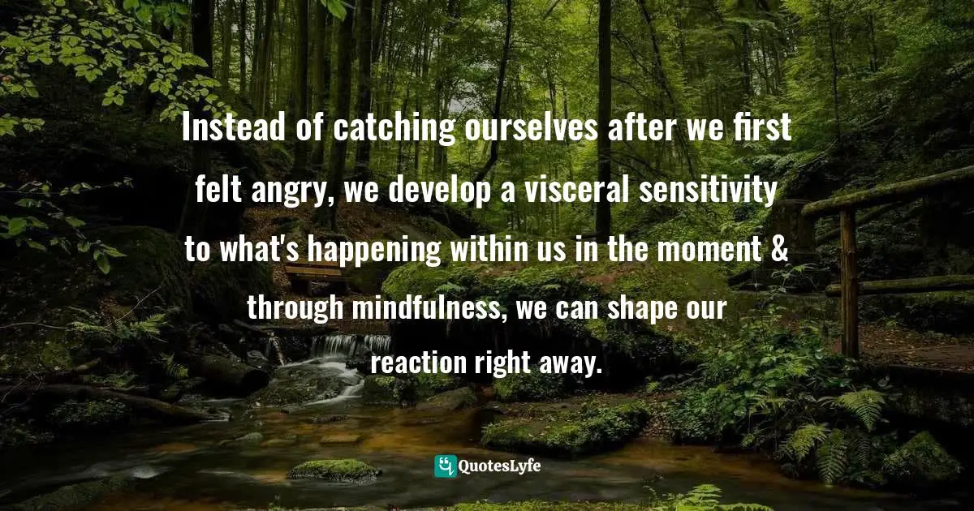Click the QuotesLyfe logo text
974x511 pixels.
click(500, 466)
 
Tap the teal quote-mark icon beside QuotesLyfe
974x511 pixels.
click(446, 466)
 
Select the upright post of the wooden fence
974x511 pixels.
click(849, 280)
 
